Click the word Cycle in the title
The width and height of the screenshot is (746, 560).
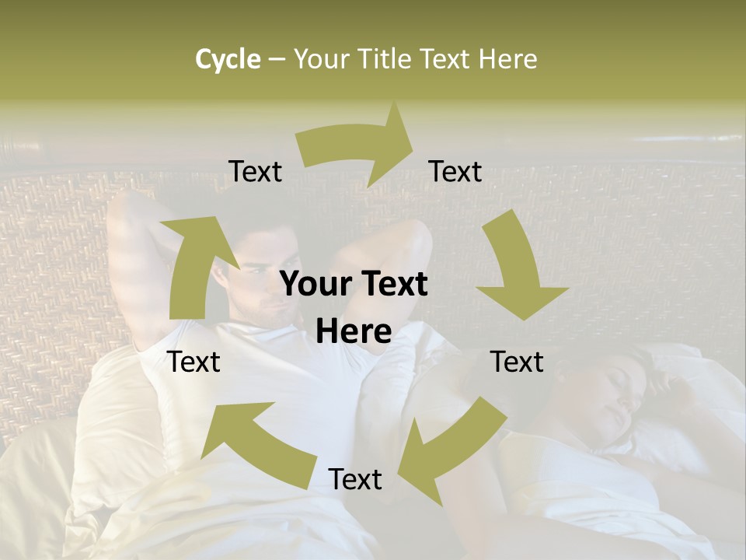click(228, 59)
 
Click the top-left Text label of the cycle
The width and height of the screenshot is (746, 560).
click(255, 171)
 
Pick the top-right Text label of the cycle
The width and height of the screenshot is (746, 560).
click(455, 171)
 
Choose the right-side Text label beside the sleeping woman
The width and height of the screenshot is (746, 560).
click(517, 362)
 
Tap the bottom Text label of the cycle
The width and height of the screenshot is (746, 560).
click(355, 479)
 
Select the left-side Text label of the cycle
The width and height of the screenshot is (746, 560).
click(194, 362)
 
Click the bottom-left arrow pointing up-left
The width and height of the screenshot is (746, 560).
click(256, 443)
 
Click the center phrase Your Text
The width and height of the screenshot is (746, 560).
click(354, 285)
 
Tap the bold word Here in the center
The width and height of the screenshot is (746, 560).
click(354, 331)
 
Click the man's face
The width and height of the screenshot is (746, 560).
click(268, 276)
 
